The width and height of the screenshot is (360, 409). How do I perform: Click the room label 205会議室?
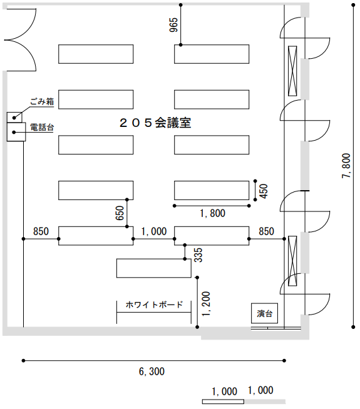155,123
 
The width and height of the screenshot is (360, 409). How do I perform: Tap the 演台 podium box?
264,313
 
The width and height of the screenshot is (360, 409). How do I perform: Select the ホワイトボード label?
154,305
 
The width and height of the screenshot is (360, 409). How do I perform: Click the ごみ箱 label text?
42,101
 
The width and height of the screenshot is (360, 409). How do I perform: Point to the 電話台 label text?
42,128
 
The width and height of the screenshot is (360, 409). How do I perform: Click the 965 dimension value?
173,25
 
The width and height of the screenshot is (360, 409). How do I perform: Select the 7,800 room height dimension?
346,166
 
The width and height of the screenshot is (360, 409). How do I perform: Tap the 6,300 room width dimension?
152,371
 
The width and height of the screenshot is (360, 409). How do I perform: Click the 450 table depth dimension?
264,191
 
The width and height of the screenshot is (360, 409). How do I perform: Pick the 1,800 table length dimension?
212,213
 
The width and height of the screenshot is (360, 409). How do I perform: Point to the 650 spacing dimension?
120,213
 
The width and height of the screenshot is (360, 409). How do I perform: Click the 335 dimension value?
198,255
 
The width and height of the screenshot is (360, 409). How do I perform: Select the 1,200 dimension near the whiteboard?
206,304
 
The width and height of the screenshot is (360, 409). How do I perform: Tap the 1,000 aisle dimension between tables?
154,231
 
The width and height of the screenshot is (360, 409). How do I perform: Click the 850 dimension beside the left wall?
41,231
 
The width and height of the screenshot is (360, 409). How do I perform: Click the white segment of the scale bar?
224,401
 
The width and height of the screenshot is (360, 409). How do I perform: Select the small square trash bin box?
14,117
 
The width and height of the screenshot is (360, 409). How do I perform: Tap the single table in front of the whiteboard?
154,268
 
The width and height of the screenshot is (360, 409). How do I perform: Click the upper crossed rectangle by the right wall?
292,71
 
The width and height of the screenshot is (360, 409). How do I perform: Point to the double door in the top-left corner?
21,40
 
